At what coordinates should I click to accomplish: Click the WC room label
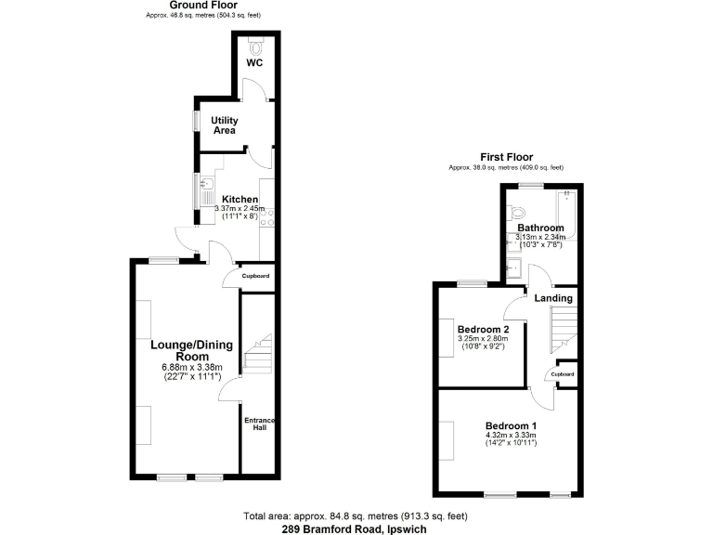click(x=254, y=63)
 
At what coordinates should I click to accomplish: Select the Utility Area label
click(x=225, y=125)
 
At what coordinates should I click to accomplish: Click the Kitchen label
click(x=240, y=199)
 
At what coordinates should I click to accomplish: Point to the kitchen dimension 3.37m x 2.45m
click(x=240, y=209)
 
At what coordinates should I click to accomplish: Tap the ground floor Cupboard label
click(x=255, y=277)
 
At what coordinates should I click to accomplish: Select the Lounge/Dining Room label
click(x=192, y=351)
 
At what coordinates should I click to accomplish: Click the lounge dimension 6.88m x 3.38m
click(x=192, y=367)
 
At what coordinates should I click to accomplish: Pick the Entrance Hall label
click(x=259, y=425)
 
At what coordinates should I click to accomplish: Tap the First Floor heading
click(x=505, y=157)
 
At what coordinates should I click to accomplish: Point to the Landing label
click(x=551, y=297)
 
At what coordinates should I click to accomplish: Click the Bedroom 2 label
click(x=483, y=329)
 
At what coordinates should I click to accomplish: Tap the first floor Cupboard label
click(x=562, y=373)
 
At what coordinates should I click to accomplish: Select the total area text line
click(x=356, y=515)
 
